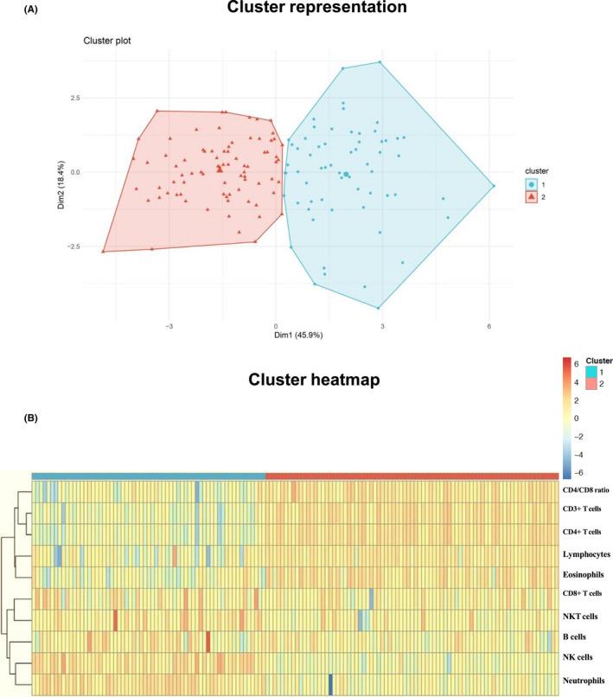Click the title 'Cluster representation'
[307, 10]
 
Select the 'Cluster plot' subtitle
[108, 42]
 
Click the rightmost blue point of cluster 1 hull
[494, 186]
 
